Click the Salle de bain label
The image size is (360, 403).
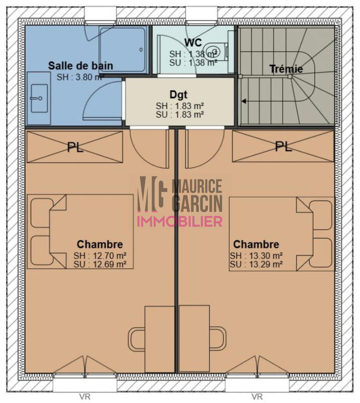(81, 65)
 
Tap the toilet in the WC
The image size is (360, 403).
(217, 51)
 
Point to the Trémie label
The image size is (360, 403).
(286, 69)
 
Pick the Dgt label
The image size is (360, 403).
(179, 94)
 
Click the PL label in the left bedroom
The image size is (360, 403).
(76, 147)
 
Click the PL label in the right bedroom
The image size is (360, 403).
(283, 147)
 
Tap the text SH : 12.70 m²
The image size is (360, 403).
(100, 255)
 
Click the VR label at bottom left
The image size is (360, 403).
(85, 396)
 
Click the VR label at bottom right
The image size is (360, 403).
(257, 396)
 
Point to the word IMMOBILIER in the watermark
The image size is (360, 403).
(180, 221)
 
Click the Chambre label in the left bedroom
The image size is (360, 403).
(100, 244)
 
